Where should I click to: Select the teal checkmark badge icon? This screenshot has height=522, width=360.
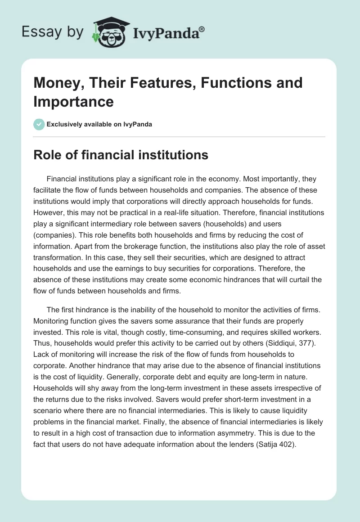pyautogui.click(x=39, y=124)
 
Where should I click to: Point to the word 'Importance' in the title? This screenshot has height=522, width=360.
pyautogui.click(x=74, y=101)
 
